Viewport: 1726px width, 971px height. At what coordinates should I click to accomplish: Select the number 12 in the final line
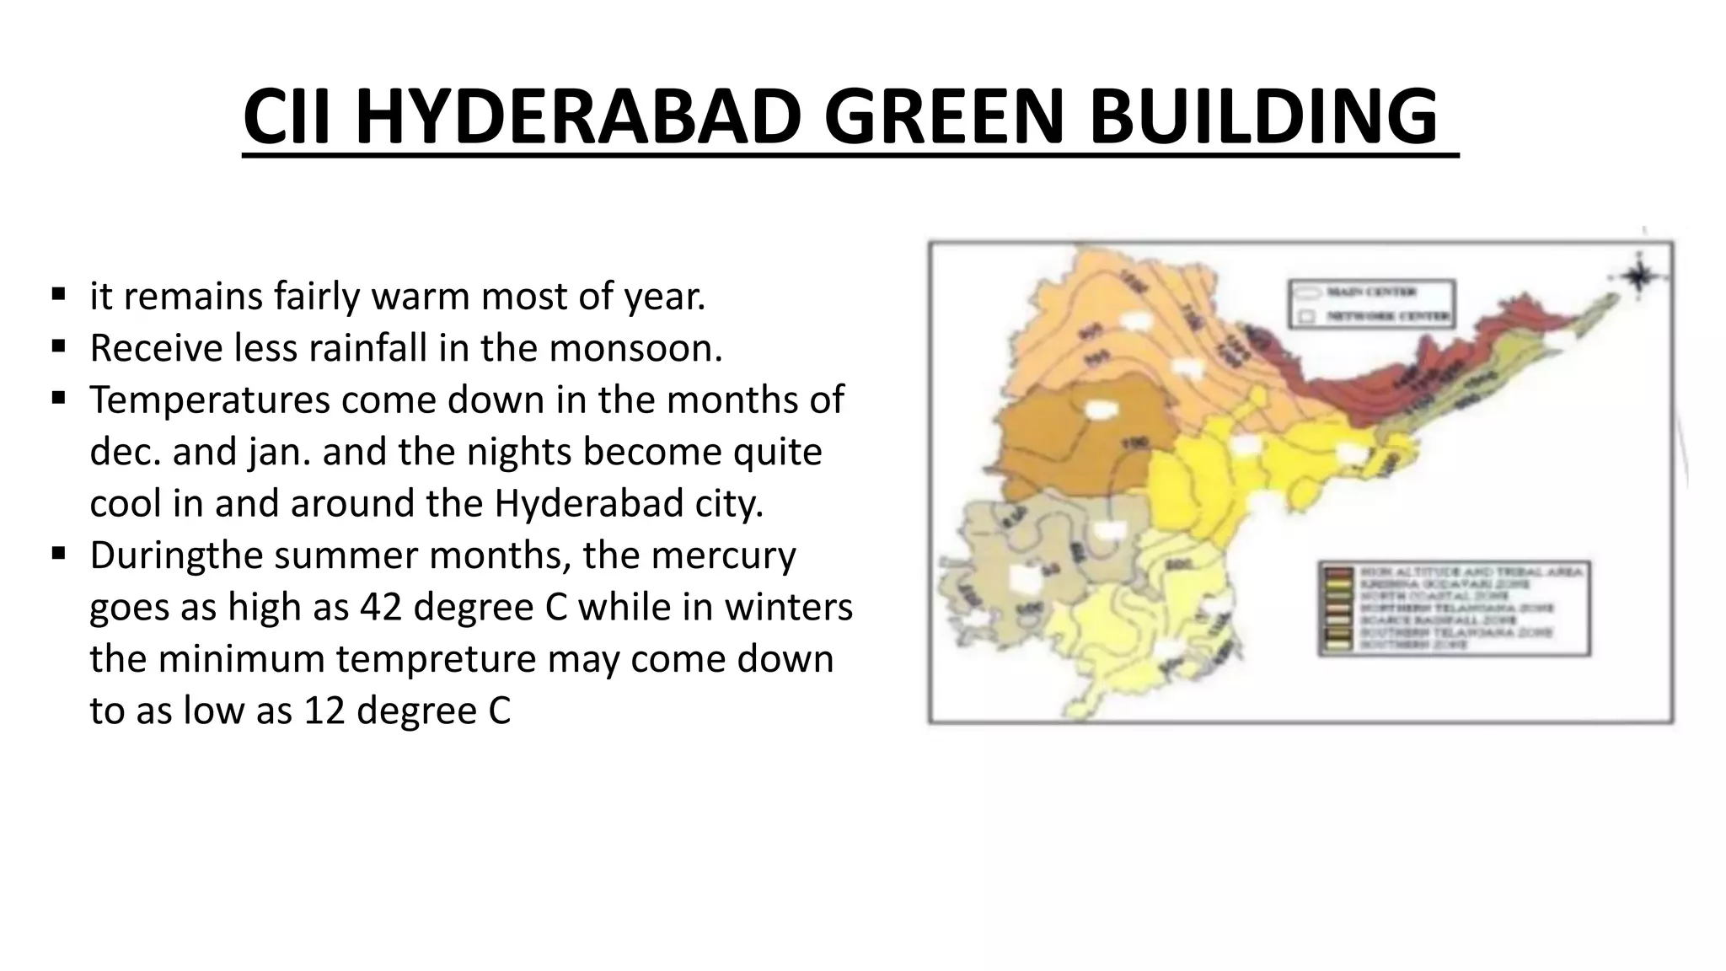(324, 711)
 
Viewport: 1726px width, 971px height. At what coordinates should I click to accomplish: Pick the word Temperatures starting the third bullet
(210, 400)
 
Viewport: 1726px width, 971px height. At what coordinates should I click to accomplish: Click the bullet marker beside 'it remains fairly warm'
(58, 294)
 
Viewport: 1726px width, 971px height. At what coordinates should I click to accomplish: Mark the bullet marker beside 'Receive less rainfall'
(58, 346)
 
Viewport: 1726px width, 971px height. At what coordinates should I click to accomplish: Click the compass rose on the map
(1638, 276)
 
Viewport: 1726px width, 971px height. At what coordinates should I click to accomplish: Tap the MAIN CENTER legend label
(1371, 292)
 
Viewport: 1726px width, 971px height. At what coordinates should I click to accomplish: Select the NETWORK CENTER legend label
(1388, 317)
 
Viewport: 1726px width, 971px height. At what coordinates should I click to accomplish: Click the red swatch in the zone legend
(1338, 573)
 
